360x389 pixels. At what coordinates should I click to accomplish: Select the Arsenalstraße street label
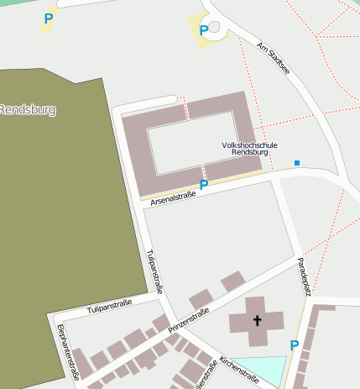[173, 198]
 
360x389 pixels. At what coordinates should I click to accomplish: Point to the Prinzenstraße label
[189, 320]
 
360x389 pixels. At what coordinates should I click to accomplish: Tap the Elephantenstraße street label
[68, 351]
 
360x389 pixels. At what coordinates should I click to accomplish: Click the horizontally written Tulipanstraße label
[109, 306]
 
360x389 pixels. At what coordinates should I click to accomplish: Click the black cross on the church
[257, 320]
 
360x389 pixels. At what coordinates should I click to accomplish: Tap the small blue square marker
[296, 162]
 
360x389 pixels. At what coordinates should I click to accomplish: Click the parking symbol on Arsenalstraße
[203, 185]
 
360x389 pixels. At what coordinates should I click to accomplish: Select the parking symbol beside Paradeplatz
[294, 345]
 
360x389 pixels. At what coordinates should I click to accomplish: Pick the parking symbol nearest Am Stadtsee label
[203, 31]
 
